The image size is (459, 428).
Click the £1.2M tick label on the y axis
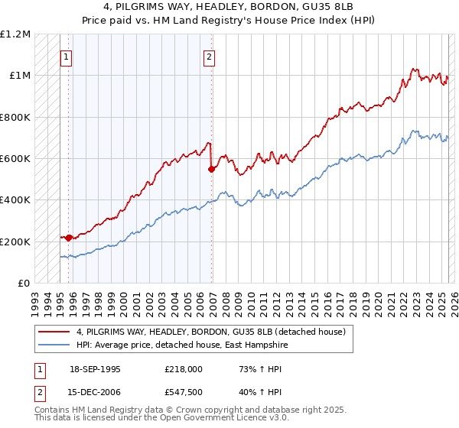pos(15,34)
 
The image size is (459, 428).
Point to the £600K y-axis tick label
pos(15,159)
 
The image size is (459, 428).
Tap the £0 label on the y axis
pos(24,284)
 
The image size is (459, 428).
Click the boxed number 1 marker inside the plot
pos(67,56)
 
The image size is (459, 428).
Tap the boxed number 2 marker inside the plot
pos(209,56)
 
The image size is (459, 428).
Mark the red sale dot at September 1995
pos(69,238)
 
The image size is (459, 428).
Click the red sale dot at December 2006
pos(211,170)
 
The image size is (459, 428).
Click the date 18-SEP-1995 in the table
pos(95,369)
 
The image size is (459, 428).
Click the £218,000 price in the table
pos(183,369)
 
